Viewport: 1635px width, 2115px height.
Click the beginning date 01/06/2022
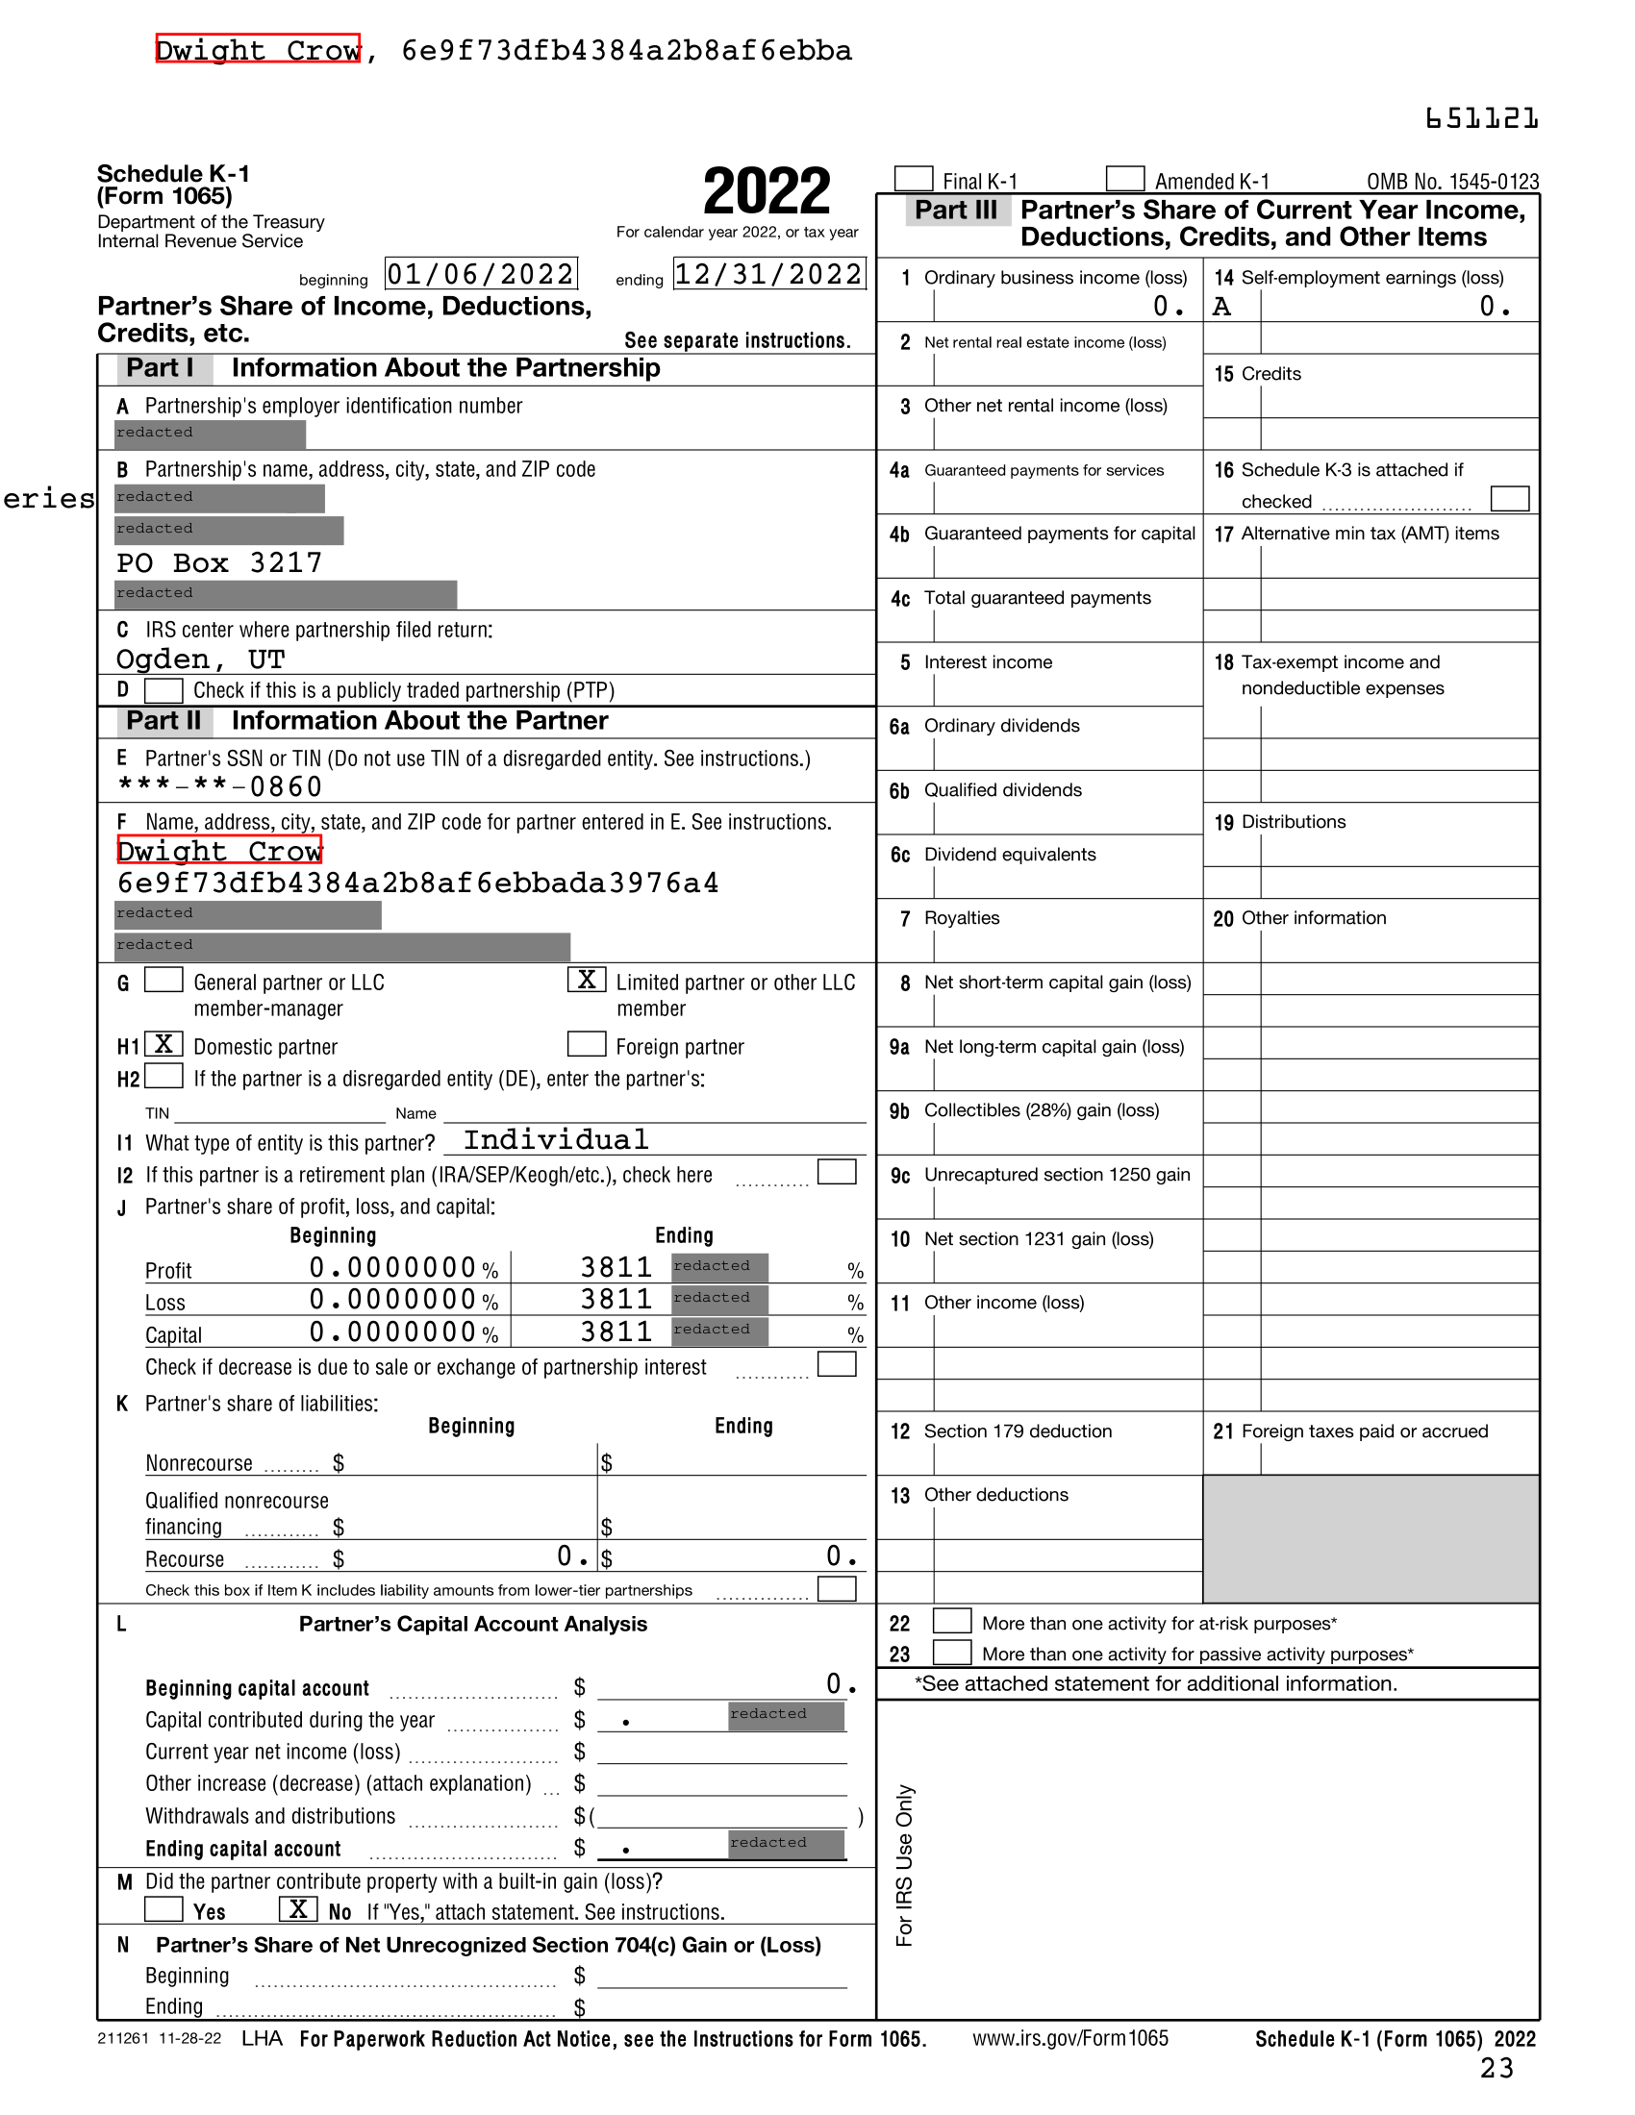482,274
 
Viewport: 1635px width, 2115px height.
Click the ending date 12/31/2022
769,274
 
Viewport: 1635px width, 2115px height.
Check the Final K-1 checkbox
914,179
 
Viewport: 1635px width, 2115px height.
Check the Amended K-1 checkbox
1124,179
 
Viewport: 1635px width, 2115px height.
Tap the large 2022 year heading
767,191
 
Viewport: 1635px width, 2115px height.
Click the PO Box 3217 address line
219,563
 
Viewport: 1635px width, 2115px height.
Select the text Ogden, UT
200,660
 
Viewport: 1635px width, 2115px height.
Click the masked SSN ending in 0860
220,786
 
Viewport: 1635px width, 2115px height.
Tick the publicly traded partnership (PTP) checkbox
163,690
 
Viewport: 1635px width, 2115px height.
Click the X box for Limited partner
587,980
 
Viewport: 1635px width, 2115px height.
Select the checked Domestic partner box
163,1044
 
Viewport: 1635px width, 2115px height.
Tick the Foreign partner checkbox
587,1044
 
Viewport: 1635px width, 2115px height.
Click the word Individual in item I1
556,1140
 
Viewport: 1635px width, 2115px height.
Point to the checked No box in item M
298,1908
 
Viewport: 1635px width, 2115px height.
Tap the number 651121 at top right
1481,119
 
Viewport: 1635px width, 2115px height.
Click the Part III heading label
956,211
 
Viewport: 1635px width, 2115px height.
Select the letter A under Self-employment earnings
1222,307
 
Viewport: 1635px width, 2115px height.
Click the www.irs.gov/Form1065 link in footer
1070,2038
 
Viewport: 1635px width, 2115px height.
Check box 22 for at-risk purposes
952,1621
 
